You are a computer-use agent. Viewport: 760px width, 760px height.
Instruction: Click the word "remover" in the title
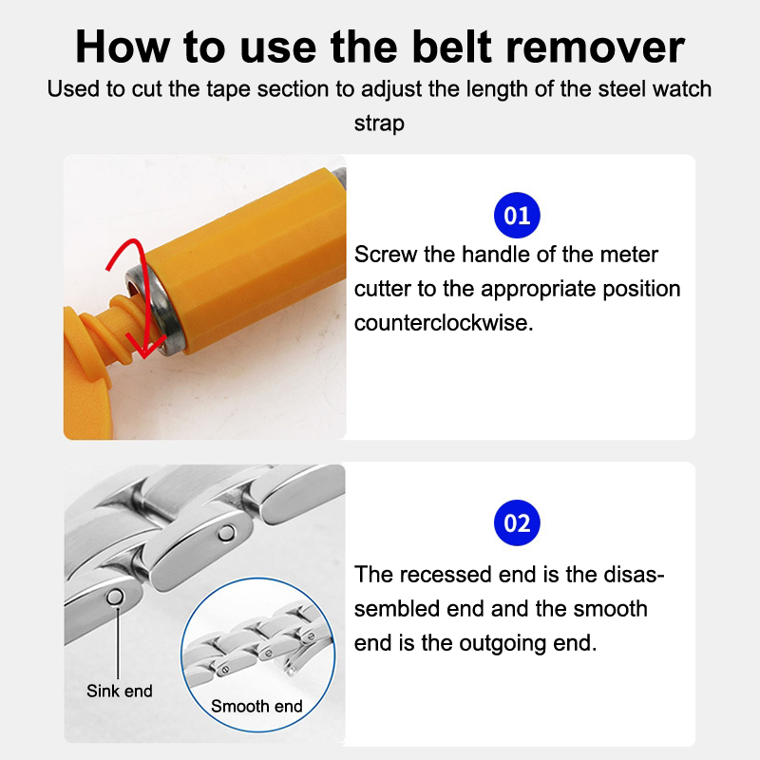595,47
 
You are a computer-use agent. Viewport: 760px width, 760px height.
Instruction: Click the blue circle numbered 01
517,216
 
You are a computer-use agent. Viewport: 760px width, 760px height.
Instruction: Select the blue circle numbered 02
517,523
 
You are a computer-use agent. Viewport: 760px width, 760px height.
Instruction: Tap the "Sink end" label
120,691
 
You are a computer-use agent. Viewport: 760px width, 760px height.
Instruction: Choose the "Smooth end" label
256,706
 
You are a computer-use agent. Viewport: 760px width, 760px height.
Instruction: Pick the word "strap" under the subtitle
379,123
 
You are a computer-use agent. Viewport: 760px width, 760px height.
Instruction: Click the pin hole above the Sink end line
115,597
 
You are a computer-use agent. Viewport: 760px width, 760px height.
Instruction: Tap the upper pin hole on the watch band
226,533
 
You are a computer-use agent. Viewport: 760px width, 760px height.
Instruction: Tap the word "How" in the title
123,47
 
